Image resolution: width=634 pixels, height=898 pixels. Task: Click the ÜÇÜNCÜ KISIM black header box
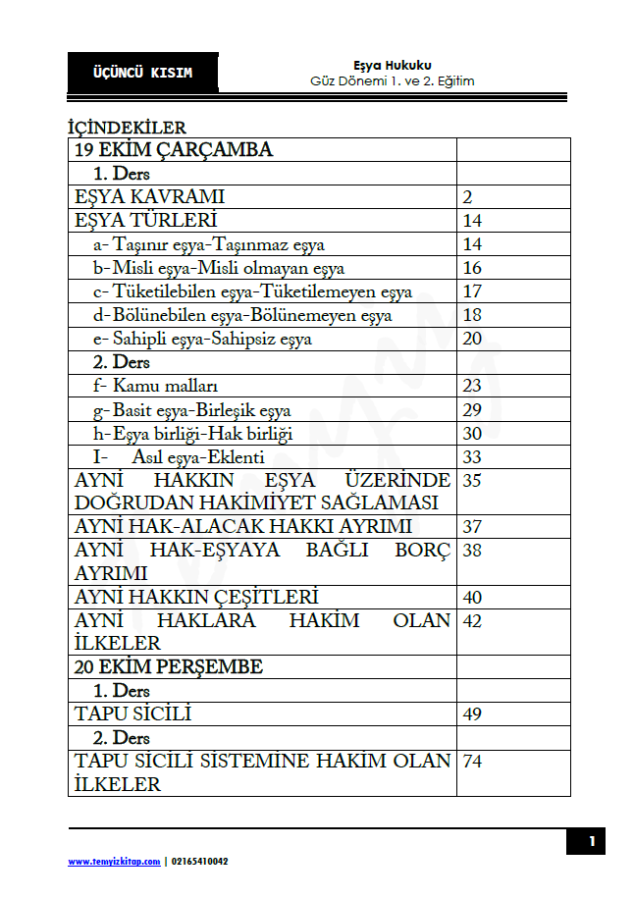142,73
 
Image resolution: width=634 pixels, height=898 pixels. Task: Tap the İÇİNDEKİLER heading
127,128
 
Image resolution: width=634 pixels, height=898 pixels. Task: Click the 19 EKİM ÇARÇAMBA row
174,150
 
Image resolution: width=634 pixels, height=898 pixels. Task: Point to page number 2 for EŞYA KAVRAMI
468,197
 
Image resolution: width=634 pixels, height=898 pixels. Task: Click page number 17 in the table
472,291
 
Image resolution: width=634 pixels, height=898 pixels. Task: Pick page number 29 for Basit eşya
472,410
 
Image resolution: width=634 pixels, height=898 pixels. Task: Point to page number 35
472,481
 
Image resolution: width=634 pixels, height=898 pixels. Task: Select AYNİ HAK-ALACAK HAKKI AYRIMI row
243,527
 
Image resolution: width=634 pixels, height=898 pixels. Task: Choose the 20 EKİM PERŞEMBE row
169,667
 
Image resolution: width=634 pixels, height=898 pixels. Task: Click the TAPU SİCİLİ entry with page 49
132,713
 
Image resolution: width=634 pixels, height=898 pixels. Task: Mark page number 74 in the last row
472,761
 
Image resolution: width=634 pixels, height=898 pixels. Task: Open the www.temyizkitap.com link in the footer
113,861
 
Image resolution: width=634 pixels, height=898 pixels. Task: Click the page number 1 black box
591,841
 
